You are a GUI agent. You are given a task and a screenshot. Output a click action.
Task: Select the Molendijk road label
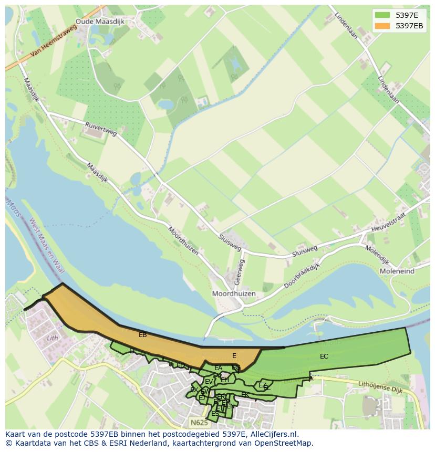tap(377, 255)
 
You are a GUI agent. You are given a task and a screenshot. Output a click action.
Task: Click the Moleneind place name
tap(396, 271)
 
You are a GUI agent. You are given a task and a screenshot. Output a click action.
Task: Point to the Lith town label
tap(53, 338)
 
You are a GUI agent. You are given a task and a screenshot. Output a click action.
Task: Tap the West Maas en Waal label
tap(46, 246)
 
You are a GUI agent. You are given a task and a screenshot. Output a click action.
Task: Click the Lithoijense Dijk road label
tap(380, 387)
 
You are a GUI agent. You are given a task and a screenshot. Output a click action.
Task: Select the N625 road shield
tap(199, 422)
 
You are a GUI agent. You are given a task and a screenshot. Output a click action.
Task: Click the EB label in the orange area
tap(142, 334)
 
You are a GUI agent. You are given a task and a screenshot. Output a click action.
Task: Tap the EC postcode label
tap(324, 356)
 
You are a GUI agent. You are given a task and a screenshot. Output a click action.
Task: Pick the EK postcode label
tap(244, 394)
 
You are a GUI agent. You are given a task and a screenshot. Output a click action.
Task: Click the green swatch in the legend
tap(382, 15)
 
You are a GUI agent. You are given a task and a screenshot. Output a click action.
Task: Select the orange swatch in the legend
tap(382, 25)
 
